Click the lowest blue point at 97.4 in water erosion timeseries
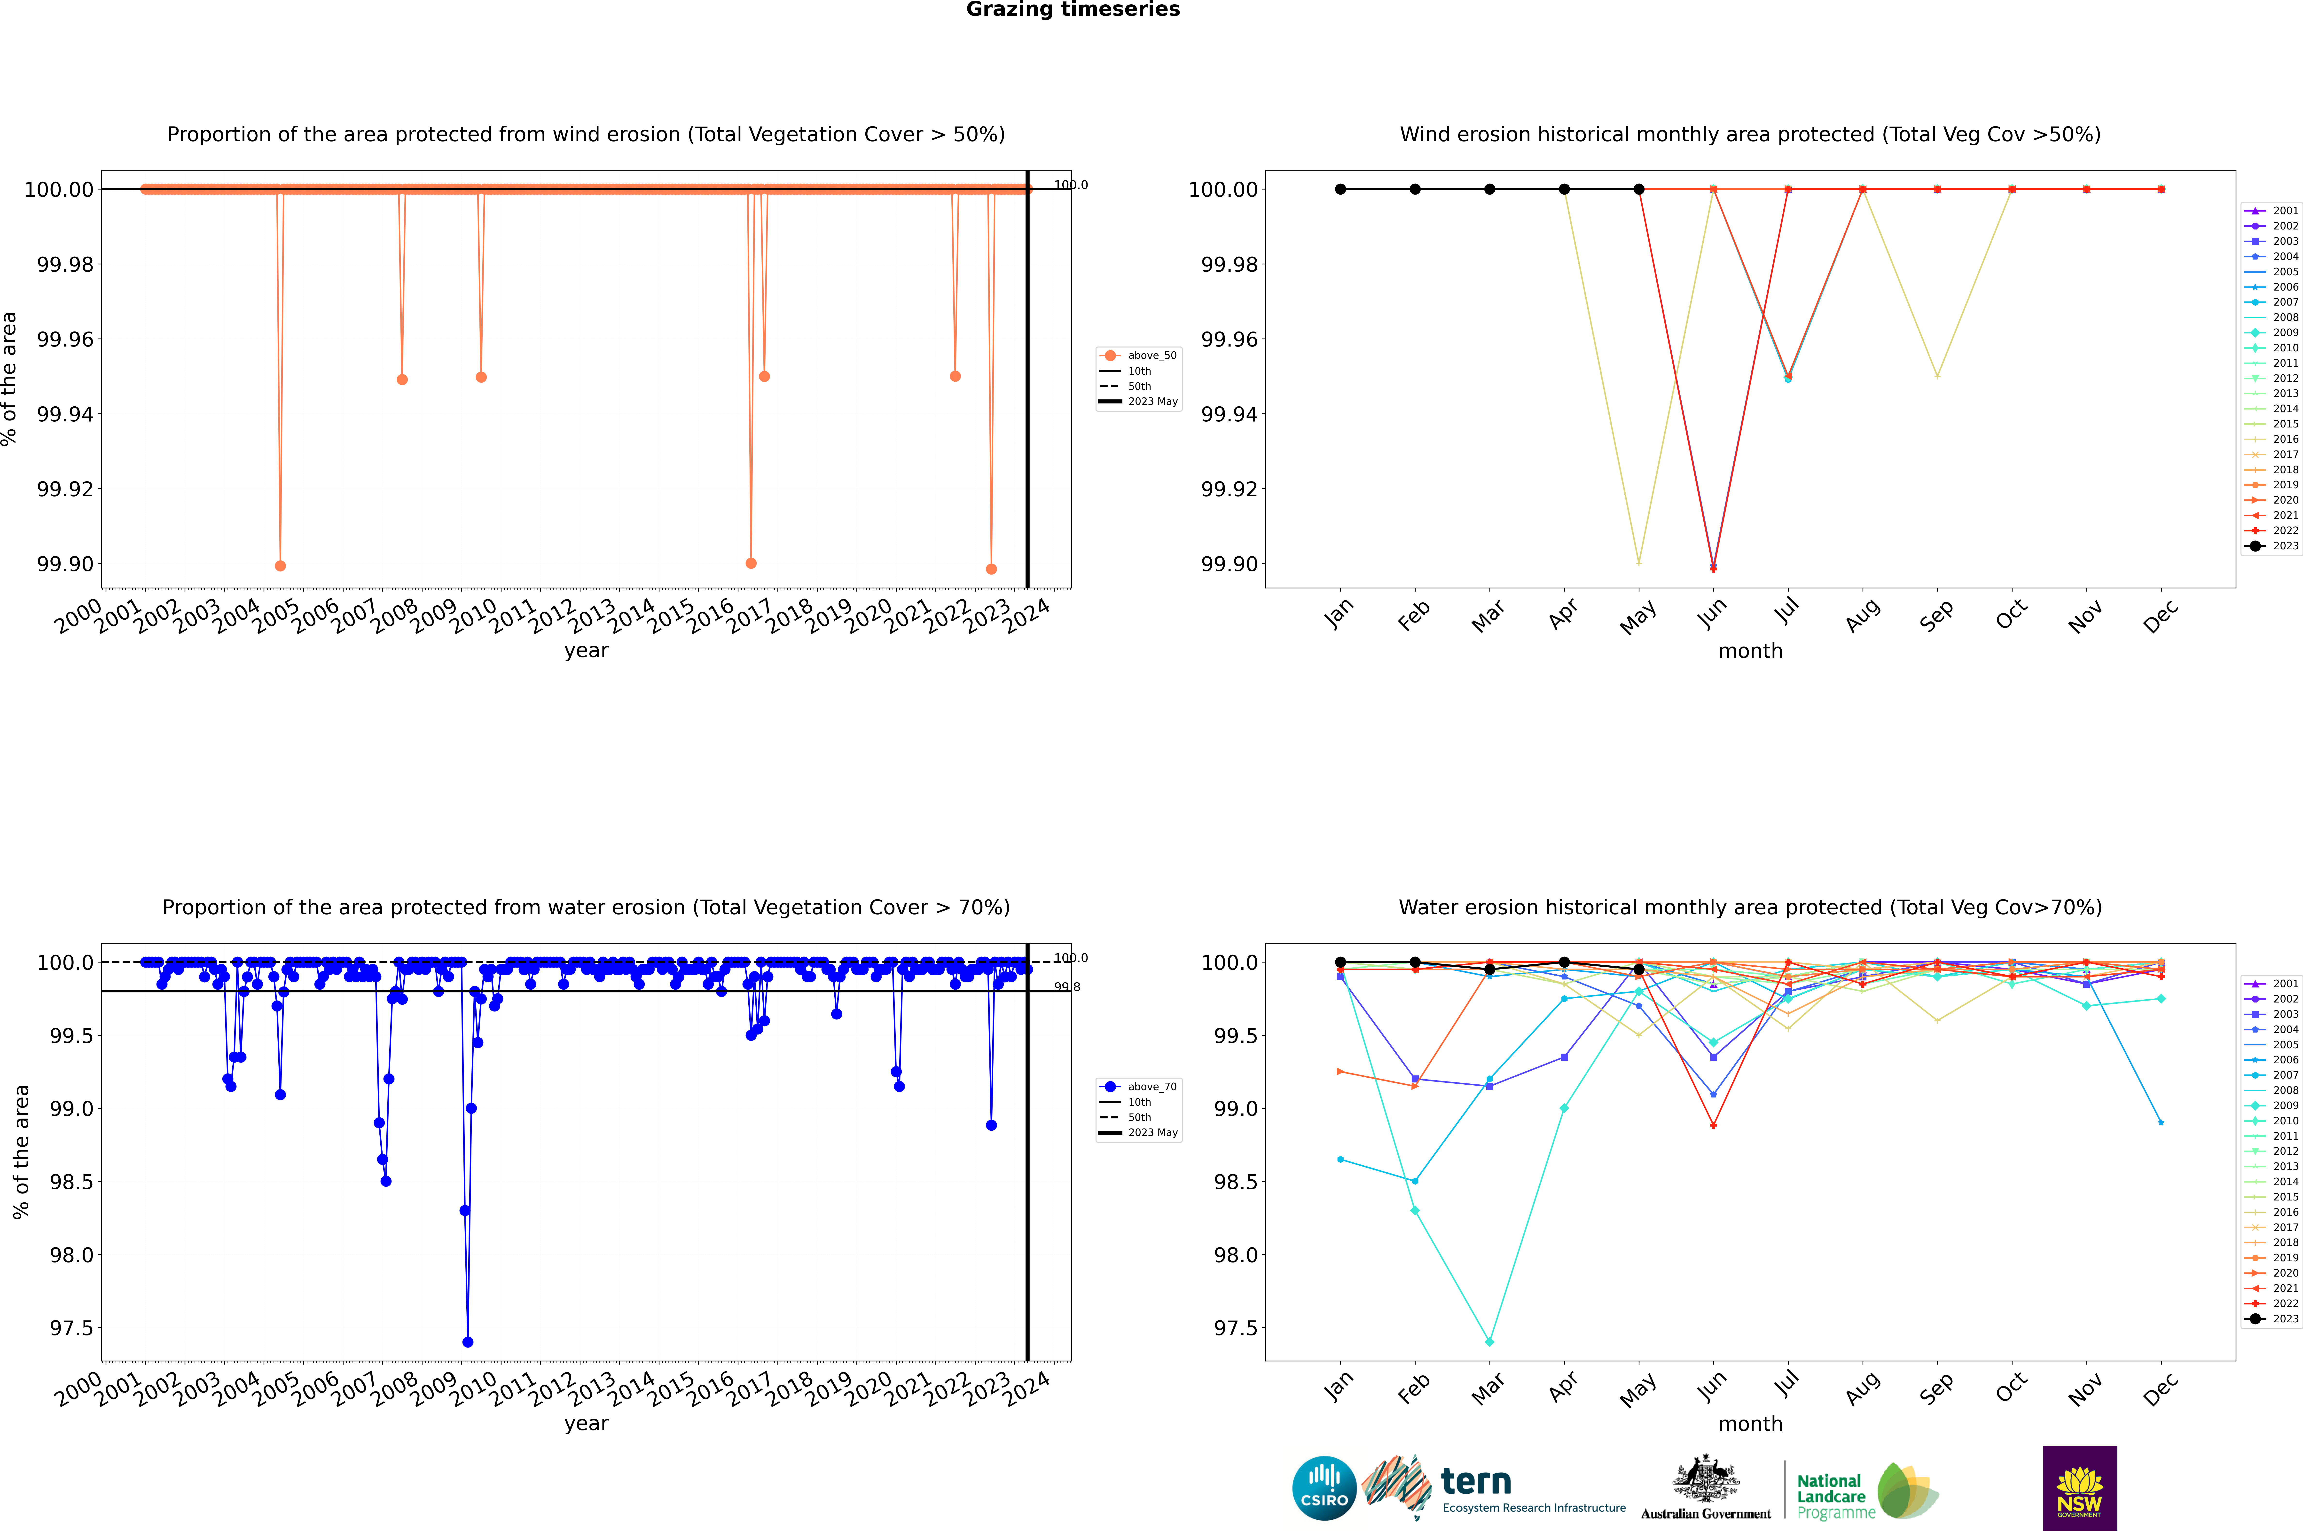468,1342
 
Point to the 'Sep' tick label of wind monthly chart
1937,615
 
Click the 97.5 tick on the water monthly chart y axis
1235,1328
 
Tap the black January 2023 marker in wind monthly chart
1340,189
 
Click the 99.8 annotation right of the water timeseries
1066,987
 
